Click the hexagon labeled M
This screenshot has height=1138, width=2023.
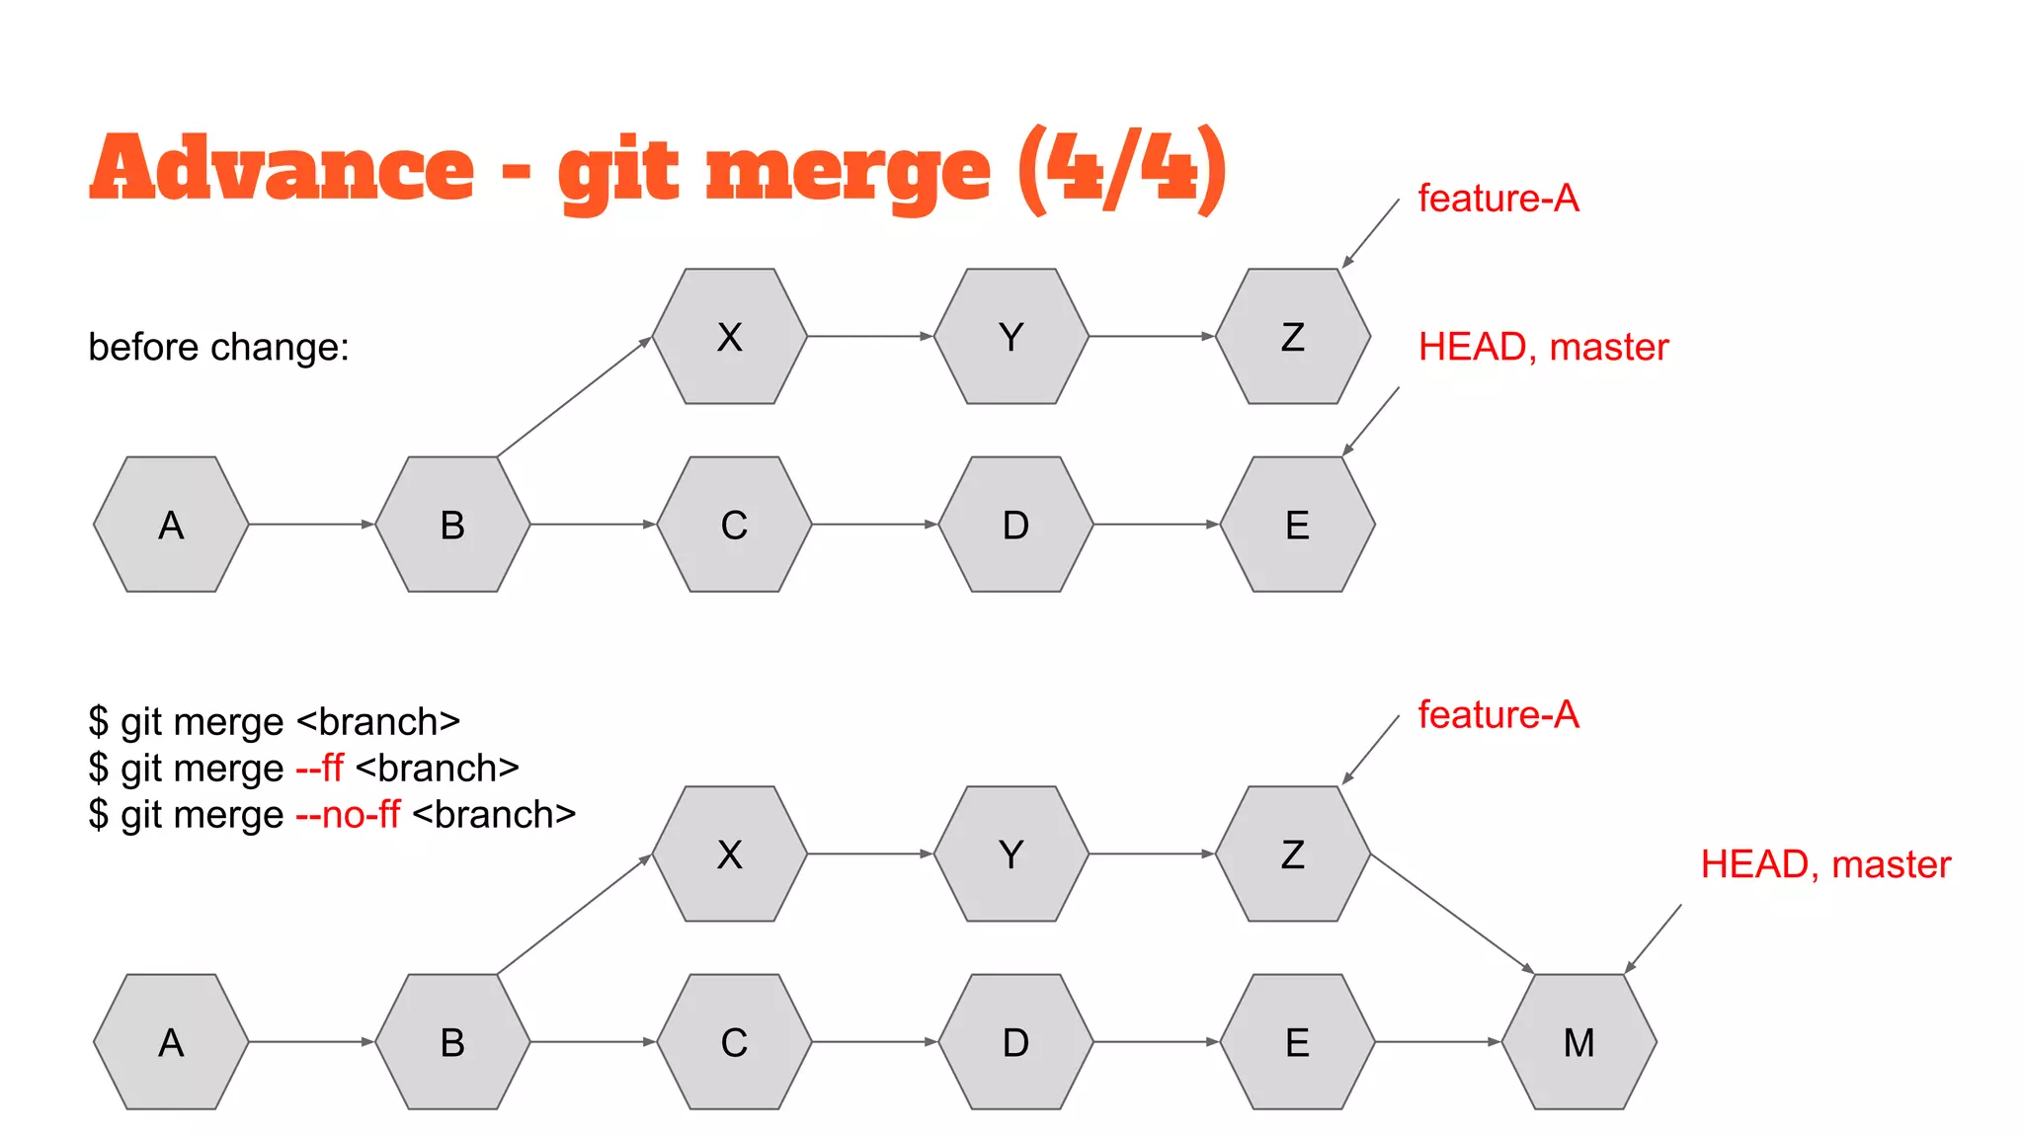[1578, 1042]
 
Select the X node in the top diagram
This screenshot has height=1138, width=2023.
[729, 337]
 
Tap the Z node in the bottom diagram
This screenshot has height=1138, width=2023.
[1292, 854]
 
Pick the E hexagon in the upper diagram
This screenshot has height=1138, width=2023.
[1297, 525]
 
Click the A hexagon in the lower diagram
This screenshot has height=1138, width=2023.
[171, 1042]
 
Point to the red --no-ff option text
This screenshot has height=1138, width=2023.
[348, 815]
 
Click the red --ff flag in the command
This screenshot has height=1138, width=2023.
[319, 769]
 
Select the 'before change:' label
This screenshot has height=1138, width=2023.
[218, 348]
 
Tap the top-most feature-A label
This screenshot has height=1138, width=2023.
[1497, 199]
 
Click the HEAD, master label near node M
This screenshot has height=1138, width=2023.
[1824, 864]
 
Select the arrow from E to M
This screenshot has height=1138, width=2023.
[1437, 1042]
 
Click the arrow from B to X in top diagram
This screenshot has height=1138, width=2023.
[573, 398]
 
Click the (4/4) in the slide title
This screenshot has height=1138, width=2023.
[1122, 170]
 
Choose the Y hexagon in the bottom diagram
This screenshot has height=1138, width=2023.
[1011, 854]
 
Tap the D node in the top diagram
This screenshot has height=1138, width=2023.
[1015, 525]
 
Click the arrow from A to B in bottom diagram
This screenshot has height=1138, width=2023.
[310, 1042]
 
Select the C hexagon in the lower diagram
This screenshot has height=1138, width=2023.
[734, 1042]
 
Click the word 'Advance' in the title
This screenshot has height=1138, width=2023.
[282, 168]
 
